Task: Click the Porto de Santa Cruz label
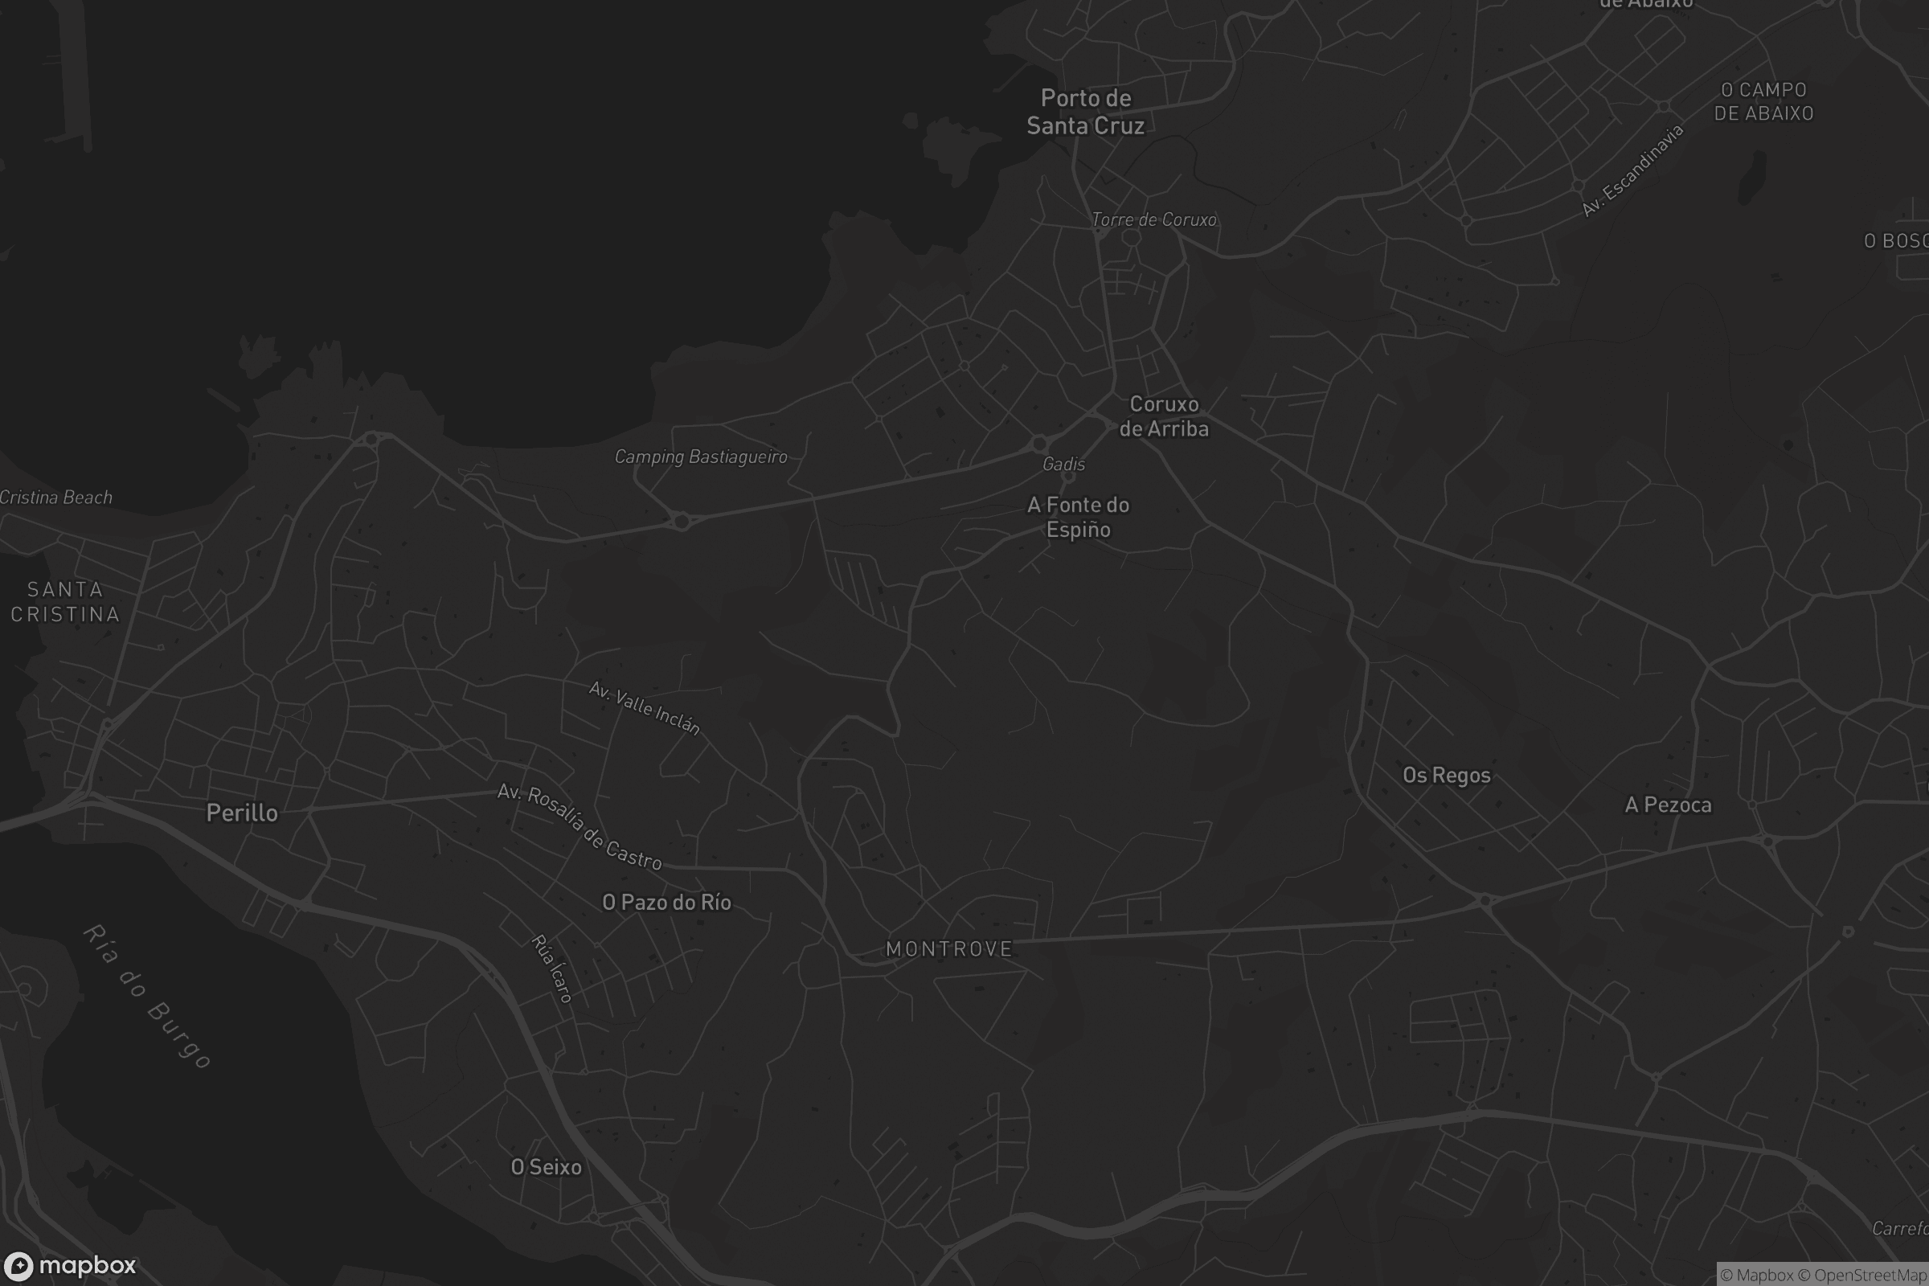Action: click(x=1085, y=112)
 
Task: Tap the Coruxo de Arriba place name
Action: click(x=1164, y=416)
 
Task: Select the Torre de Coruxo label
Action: click(x=1154, y=219)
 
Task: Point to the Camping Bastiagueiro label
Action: click(x=700, y=457)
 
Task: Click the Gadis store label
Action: click(x=1063, y=465)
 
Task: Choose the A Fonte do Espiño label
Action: click(x=1079, y=517)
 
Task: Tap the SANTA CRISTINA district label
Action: click(x=66, y=601)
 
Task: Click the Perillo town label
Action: click(x=242, y=813)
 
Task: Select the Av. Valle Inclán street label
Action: click(x=645, y=708)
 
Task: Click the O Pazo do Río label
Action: click(x=667, y=902)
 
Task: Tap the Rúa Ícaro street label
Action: click(x=552, y=969)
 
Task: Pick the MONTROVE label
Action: click(x=949, y=949)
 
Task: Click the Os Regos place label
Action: click(x=1446, y=775)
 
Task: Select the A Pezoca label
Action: click(x=1669, y=805)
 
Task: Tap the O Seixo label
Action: click(x=547, y=1166)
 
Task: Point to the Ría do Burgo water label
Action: click(x=148, y=996)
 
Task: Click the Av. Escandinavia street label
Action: click(x=1632, y=170)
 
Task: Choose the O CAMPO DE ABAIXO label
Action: click(x=1763, y=101)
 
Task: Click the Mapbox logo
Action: click(x=70, y=1265)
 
